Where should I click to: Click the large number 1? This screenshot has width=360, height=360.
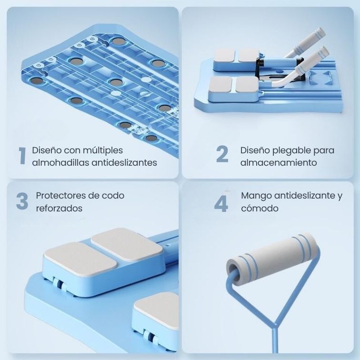(x=22, y=156)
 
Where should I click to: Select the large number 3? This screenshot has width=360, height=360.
(x=22, y=201)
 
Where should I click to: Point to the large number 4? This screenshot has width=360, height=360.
(x=221, y=203)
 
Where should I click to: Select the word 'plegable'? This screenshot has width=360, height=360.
(x=289, y=150)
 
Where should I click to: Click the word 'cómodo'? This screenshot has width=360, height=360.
(x=260, y=209)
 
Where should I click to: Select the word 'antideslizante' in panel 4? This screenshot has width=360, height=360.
(x=303, y=196)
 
